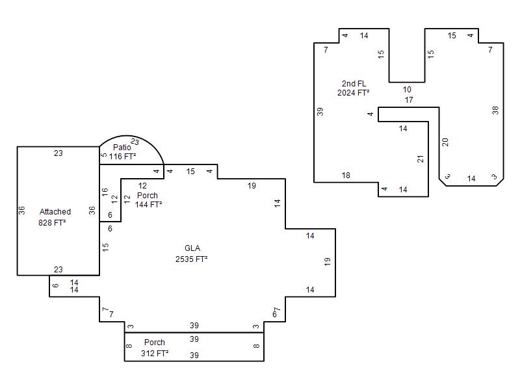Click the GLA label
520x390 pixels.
click(x=192, y=248)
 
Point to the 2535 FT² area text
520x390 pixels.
click(x=191, y=259)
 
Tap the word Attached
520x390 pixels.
click(x=55, y=212)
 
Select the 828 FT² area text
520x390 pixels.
click(x=52, y=222)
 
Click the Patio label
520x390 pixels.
click(x=122, y=148)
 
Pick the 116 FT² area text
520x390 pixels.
click(x=122, y=156)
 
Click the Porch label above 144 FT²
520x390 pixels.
click(x=148, y=196)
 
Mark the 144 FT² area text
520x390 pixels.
click(x=149, y=205)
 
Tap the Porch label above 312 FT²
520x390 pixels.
click(x=155, y=343)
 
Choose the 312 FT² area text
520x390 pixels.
click(x=155, y=353)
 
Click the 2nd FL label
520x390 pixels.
click(x=354, y=84)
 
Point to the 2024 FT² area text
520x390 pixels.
click(x=353, y=93)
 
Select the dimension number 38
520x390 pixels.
click(x=495, y=110)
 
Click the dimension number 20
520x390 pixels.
click(x=445, y=142)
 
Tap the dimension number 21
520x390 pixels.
click(x=421, y=159)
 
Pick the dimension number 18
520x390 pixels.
click(x=346, y=175)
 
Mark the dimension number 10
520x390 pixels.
click(x=407, y=90)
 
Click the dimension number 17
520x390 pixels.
click(x=409, y=100)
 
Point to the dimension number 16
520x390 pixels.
click(x=105, y=192)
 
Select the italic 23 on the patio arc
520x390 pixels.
click(x=135, y=142)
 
